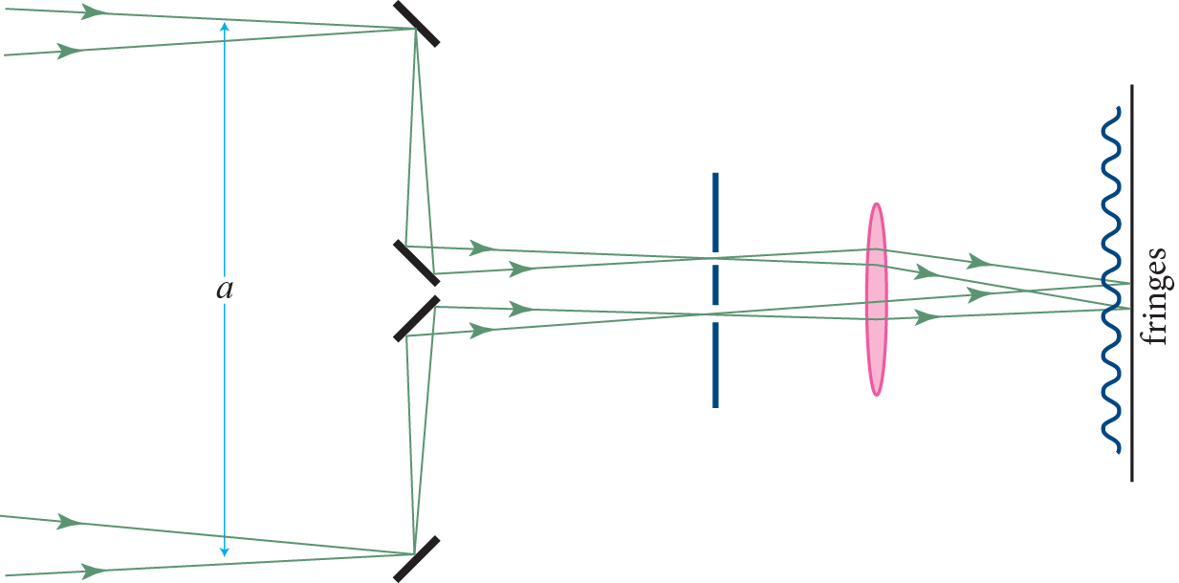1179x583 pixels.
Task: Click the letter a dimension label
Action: [225, 289]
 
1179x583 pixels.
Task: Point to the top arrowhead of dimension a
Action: [225, 28]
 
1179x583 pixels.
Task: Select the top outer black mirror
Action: [417, 22]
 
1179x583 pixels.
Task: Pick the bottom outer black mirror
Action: [417, 558]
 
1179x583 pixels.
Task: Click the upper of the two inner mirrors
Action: [417, 263]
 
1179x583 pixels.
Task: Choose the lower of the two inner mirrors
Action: [417, 317]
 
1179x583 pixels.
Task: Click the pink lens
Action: [876, 298]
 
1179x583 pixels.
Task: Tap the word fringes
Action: [1156, 296]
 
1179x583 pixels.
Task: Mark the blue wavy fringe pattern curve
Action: [1111, 382]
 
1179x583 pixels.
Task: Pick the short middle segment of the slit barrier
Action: [715, 285]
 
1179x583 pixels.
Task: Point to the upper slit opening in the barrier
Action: [715, 258]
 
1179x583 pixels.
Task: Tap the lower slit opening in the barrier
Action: [715, 314]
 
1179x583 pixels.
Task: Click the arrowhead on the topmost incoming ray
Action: [93, 12]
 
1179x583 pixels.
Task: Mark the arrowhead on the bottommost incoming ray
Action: [93, 572]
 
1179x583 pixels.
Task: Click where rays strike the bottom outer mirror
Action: [414, 553]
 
